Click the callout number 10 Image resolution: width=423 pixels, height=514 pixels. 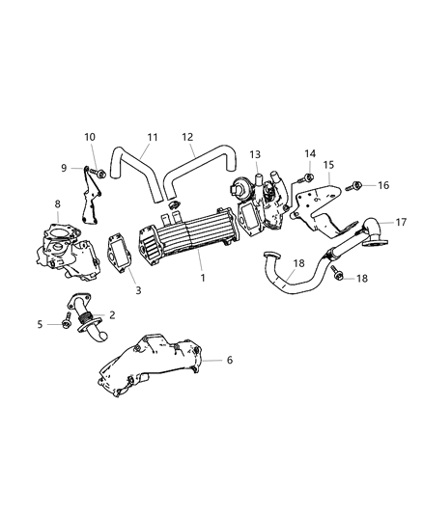[x=90, y=137]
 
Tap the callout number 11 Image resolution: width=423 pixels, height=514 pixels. [x=153, y=137]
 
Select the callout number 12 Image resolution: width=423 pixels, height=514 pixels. [x=187, y=137]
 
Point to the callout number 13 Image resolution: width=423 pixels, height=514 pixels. [x=255, y=154]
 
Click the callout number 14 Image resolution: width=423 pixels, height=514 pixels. [x=310, y=153]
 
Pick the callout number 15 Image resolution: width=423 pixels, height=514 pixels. [x=328, y=165]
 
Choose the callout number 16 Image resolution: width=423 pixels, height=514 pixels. [x=383, y=185]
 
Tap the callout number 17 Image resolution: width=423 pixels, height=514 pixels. [x=401, y=222]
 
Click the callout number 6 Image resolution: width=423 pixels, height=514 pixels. [x=230, y=360]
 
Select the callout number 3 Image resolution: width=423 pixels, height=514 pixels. [x=138, y=290]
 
